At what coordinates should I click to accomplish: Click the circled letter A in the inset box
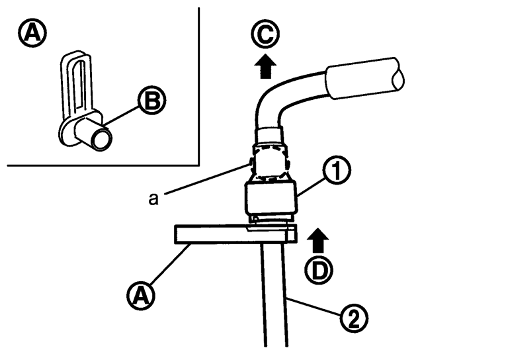click(x=32, y=32)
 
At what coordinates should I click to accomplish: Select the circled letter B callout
click(x=152, y=100)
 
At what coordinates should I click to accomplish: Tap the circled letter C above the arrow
click(x=265, y=34)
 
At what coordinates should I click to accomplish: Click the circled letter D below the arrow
click(x=319, y=270)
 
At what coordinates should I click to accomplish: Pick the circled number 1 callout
click(x=337, y=171)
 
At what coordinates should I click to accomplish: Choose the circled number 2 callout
click(x=354, y=318)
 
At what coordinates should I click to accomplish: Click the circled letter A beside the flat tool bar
click(x=141, y=295)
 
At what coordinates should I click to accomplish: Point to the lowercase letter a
click(x=153, y=199)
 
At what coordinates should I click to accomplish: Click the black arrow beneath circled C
click(x=265, y=66)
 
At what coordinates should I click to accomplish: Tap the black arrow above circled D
click(x=317, y=240)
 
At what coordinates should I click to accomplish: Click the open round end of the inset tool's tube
click(x=102, y=139)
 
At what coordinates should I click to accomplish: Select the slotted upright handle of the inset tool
click(x=77, y=83)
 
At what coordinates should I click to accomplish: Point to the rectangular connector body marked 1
click(x=271, y=198)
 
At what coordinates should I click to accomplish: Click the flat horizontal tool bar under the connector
click(x=235, y=234)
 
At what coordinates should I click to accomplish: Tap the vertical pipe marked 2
click(x=275, y=295)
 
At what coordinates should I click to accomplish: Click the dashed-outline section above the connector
click(x=271, y=162)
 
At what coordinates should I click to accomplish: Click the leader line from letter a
click(x=207, y=179)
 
